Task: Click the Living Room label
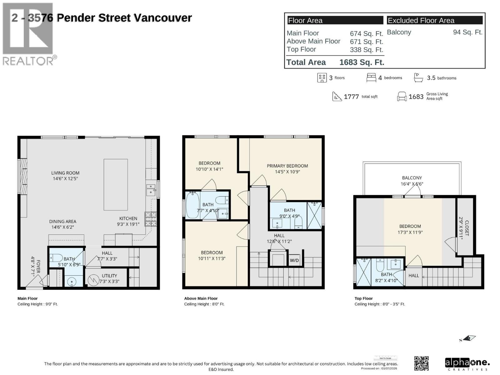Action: pyautogui.click(x=65, y=176)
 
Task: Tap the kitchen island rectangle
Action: pyautogui.click(x=116, y=184)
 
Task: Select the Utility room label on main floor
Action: pyautogui.click(x=109, y=278)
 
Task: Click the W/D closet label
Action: pyautogui.click(x=294, y=260)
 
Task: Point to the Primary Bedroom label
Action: pyautogui.click(x=287, y=169)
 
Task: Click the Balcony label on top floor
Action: pyautogui.click(x=412, y=181)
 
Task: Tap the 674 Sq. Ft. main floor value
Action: pyautogui.click(x=366, y=33)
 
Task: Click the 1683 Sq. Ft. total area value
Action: pyautogui.click(x=362, y=62)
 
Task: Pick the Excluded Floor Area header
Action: pyautogui.click(x=421, y=21)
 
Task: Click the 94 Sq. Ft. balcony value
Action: pyautogui.click(x=467, y=32)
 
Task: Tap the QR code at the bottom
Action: pyautogui.click(x=421, y=363)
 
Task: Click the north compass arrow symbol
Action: pyautogui.click(x=469, y=338)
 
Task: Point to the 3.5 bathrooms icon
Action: pyautogui.click(x=418, y=77)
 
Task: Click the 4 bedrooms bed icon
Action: pyautogui.click(x=371, y=77)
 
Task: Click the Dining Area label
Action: pyautogui.click(x=62, y=224)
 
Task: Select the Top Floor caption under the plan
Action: pyautogui.click(x=363, y=298)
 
